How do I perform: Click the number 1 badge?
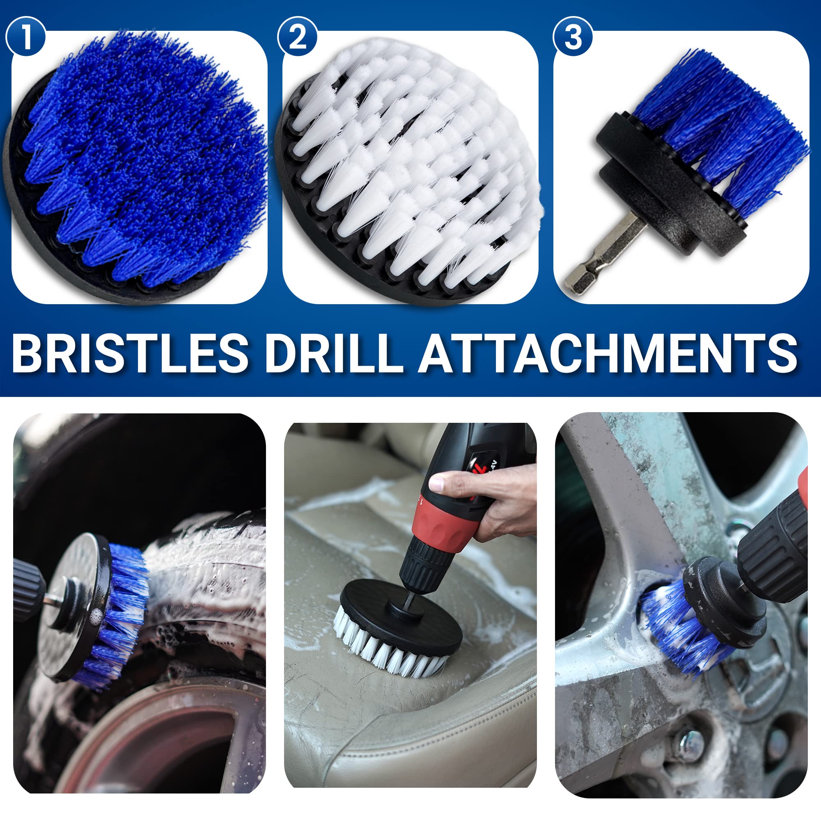(26, 37)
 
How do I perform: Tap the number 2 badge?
(297, 37)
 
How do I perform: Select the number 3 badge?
(573, 37)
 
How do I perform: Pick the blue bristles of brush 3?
(722, 136)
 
